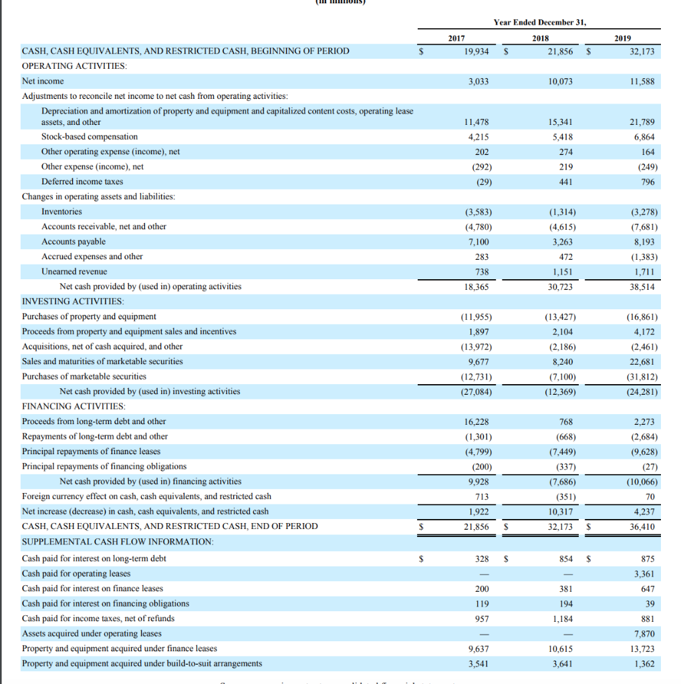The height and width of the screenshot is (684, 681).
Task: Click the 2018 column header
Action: pyautogui.click(x=540, y=38)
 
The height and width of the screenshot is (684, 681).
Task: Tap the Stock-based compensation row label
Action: pyautogui.click(x=90, y=137)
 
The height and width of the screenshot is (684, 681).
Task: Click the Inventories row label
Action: pyautogui.click(x=61, y=212)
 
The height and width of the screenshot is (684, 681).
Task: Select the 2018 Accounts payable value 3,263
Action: pyautogui.click(x=562, y=242)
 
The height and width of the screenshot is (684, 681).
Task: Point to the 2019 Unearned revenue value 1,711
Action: pyautogui.click(x=645, y=272)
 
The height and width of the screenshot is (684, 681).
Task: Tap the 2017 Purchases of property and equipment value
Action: pyautogui.click(x=476, y=317)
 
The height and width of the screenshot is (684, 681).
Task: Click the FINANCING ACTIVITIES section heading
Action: pyautogui.click(x=74, y=406)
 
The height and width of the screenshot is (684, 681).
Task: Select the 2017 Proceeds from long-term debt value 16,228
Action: pyautogui.click(x=476, y=421)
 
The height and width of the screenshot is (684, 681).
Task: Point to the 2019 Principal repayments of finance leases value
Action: pyautogui.click(x=644, y=452)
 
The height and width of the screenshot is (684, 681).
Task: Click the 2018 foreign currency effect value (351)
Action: pyautogui.click(x=563, y=496)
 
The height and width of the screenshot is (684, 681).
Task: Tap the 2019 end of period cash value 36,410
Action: pyautogui.click(x=642, y=527)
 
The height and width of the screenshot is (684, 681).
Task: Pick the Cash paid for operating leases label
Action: pyautogui.click(x=76, y=573)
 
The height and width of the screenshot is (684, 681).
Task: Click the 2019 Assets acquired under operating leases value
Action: pyautogui.click(x=646, y=633)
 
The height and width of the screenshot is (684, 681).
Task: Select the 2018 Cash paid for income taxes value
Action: pyautogui.click(x=562, y=619)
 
